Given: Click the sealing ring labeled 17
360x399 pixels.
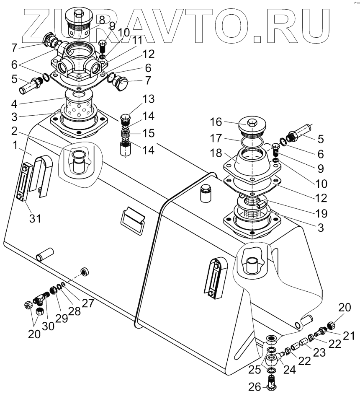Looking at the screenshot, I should (x=251, y=144).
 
